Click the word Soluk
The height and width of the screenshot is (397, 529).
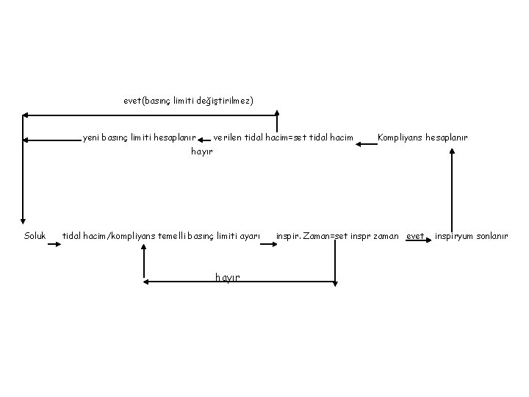(x=35, y=236)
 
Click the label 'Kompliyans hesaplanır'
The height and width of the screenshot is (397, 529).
(x=422, y=137)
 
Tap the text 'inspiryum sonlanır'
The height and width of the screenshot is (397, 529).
(x=471, y=236)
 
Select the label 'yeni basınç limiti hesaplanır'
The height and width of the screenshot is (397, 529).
(x=139, y=137)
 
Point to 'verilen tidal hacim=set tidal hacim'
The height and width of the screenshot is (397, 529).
(x=283, y=137)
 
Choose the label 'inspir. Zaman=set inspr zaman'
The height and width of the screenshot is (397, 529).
(x=337, y=236)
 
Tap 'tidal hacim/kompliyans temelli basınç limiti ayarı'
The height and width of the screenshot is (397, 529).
(x=161, y=236)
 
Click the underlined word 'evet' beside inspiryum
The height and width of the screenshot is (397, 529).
(x=416, y=236)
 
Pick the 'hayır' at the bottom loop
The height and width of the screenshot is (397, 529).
(x=228, y=276)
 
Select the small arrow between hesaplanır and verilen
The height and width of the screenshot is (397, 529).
(x=204, y=137)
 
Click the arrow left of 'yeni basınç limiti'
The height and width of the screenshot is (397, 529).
(x=51, y=139)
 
